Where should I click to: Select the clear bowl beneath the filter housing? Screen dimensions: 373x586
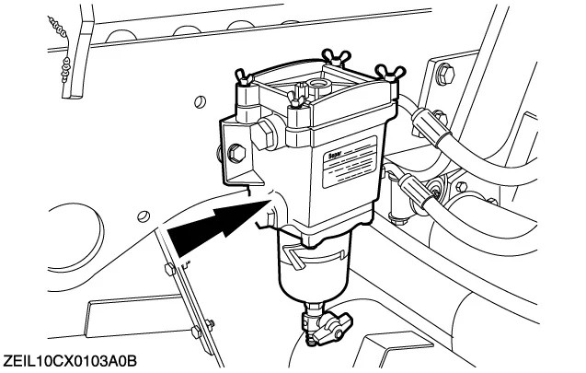click(x=309, y=277)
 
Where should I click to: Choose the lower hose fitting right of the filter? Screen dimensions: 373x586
click(x=418, y=192)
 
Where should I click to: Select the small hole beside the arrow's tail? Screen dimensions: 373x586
click(x=142, y=216)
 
